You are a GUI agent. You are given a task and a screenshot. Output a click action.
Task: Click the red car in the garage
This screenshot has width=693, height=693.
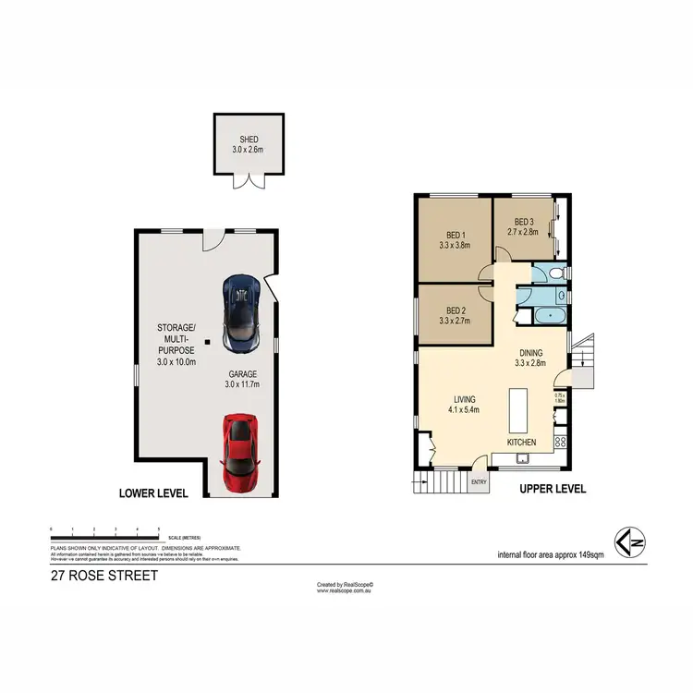pyautogui.click(x=239, y=452)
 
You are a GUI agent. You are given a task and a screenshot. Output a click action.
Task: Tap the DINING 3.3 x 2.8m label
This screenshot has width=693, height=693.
pyautogui.click(x=530, y=358)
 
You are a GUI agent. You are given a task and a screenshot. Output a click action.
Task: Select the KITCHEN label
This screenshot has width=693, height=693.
pyautogui.click(x=521, y=443)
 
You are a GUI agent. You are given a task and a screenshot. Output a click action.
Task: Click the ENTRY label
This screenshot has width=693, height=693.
pyautogui.click(x=479, y=481)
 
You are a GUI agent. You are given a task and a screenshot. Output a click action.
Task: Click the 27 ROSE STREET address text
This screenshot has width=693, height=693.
pyautogui.click(x=103, y=576)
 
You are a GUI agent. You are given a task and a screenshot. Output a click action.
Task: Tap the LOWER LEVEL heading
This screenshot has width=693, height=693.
pyautogui.click(x=153, y=493)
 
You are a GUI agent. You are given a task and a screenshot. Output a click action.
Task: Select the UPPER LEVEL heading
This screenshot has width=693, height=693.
pyautogui.click(x=552, y=489)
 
